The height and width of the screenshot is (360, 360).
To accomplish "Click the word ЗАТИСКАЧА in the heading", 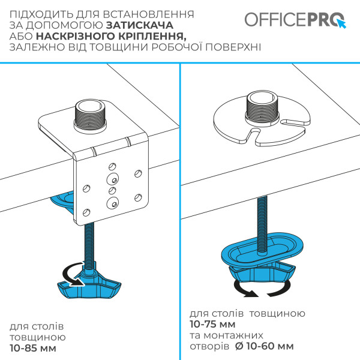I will [x=140, y=26].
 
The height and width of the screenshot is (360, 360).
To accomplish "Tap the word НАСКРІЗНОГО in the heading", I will [x=76, y=37].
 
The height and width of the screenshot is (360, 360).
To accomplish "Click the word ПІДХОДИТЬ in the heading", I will [x=38, y=14].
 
